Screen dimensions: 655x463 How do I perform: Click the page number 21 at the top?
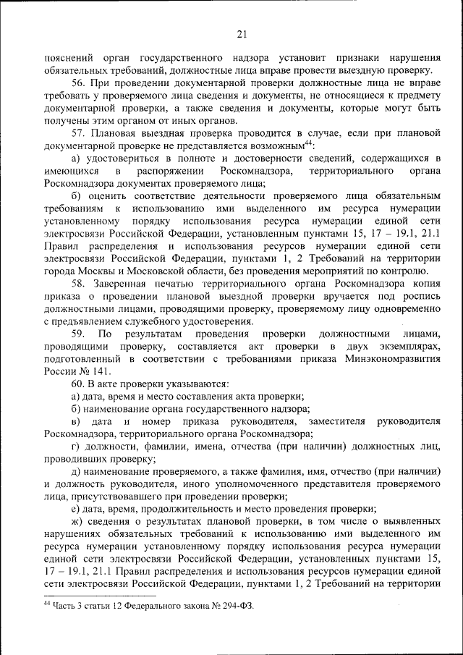[x=241, y=33]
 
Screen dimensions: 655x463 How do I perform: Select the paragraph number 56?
[x=78, y=83]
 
